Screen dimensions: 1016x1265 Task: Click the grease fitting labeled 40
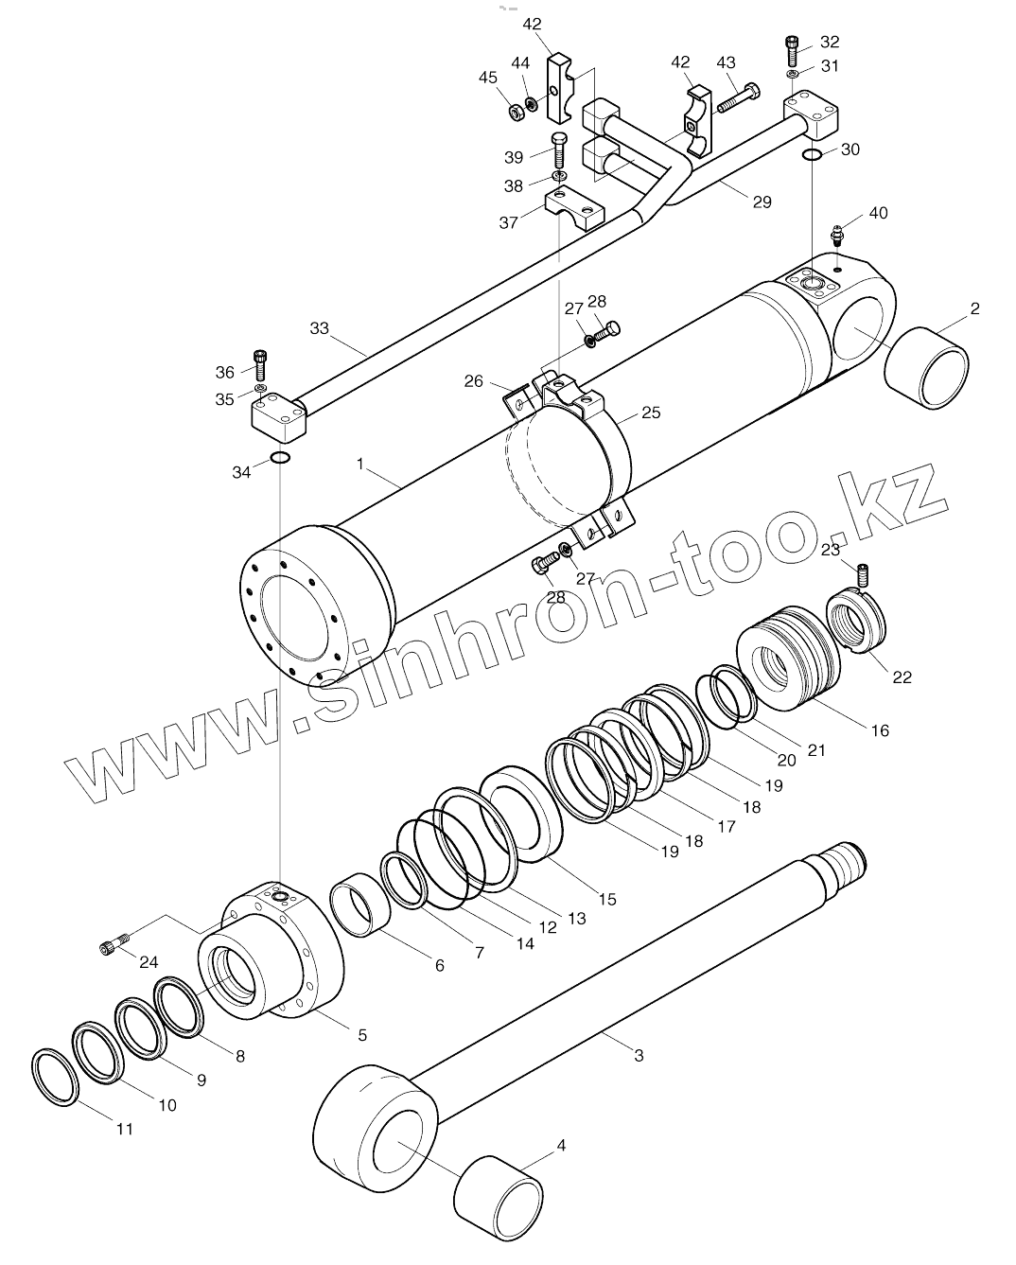[836, 233]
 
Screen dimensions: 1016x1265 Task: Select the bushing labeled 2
[927, 368]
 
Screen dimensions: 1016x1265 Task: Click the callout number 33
[319, 328]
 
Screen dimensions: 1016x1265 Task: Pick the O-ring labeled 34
[279, 459]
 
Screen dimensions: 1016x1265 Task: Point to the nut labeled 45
[516, 113]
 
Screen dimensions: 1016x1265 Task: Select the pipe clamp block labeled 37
[574, 208]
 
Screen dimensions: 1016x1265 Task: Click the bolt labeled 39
[559, 149]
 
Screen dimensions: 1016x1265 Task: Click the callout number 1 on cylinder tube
[360, 464]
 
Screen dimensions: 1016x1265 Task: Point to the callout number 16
[880, 730]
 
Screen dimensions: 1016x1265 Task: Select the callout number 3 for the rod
[639, 1055]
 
